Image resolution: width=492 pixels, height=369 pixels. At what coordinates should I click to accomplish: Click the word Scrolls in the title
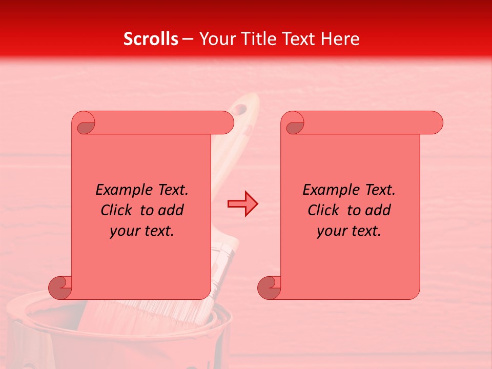coord(151,39)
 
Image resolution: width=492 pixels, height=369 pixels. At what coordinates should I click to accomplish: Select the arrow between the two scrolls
coord(242,204)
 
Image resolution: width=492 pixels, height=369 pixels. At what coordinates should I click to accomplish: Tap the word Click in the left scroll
coord(118,210)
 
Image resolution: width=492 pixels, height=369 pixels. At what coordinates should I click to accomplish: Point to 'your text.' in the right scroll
coord(349,231)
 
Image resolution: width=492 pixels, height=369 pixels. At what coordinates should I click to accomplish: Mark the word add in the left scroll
coord(171,210)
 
